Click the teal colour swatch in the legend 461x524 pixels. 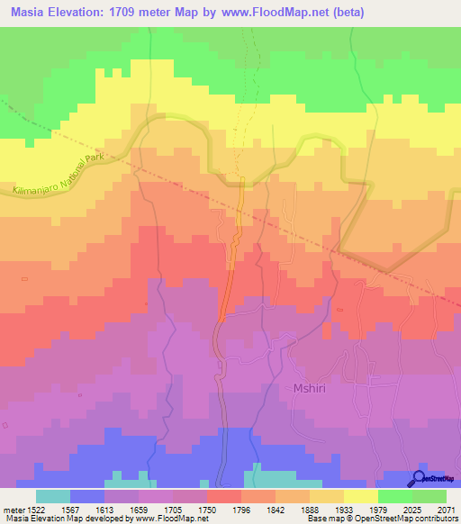pyautogui.click(x=53, y=496)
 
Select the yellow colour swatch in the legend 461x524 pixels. pyautogui.click(x=360, y=496)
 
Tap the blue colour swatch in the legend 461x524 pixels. pyautogui.click(x=87, y=496)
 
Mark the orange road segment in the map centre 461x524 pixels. pyautogui.click(x=232, y=261)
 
